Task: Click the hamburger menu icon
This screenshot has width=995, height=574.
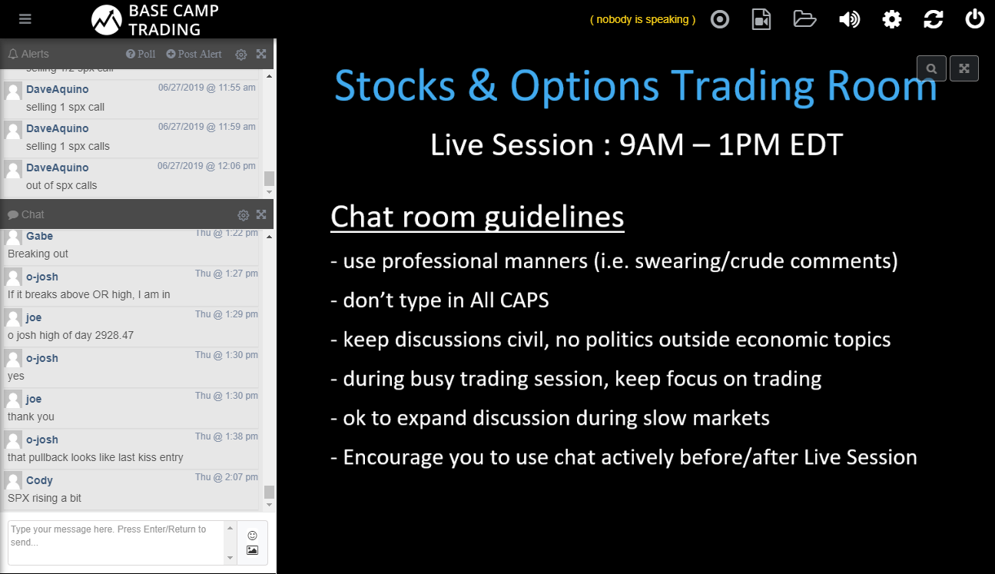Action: (x=25, y=19)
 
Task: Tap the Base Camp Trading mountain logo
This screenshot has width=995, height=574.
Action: (x=107, y=20)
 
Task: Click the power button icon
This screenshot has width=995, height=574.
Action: (x=974, y=19)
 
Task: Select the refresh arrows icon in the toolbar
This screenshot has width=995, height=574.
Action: (x=934, y=19)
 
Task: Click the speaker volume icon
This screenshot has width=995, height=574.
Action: (x=849, y=19)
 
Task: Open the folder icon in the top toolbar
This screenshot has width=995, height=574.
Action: (x=804, y=19)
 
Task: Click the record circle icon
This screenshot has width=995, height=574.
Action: (x=720, y=19)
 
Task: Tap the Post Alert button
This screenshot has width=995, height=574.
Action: (x=194, y=54)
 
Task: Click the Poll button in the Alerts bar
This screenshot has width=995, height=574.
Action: (x=141, y=54)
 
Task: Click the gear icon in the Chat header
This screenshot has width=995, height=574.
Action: (x=243, y=215)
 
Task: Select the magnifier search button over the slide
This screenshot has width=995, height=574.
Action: (x=931, y=68)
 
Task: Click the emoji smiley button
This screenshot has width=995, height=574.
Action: (x=252, y=536)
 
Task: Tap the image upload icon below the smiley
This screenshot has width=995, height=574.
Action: (x=252, y=550)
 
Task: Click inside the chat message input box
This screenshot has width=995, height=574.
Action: (x=116, y=542)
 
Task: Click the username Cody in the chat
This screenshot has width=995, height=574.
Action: (x=39, y=480)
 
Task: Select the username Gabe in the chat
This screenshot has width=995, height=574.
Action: (x=39, y=236)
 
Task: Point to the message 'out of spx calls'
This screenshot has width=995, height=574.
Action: (x=61, y=185)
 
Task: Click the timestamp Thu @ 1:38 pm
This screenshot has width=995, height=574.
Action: (x=226, y=436)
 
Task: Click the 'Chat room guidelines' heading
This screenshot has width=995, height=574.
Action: (x=477, y=217)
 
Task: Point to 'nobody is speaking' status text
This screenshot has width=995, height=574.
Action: (x=642, y=19)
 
